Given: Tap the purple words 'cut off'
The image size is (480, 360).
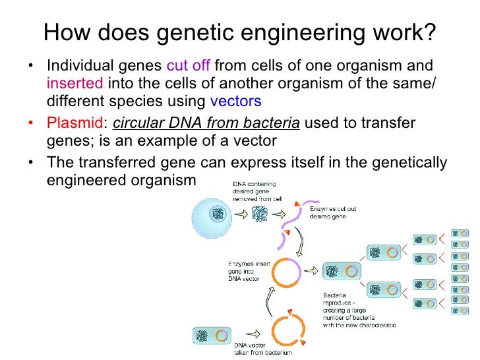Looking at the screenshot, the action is tap(189, 66).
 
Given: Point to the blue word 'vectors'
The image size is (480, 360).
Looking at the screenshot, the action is tap(235, 102).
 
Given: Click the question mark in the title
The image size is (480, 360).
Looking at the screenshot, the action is tap(429, 32).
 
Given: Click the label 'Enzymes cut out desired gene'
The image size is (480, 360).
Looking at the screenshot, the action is tap(333, 212).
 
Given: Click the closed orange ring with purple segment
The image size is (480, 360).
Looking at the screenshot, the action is tap(287, 271).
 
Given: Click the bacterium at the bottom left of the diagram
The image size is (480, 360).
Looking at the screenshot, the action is tap(210, 335).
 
